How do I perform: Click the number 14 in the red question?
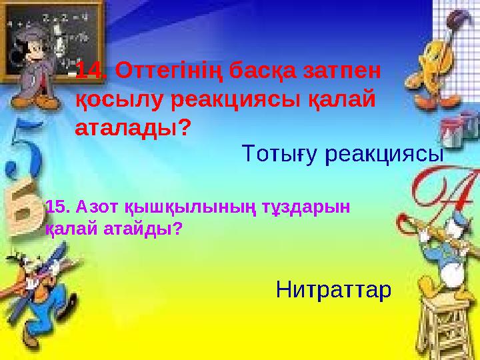90,69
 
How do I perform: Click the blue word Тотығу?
279,155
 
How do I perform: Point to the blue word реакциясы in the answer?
385,155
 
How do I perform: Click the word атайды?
144,229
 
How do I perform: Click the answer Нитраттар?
333,290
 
